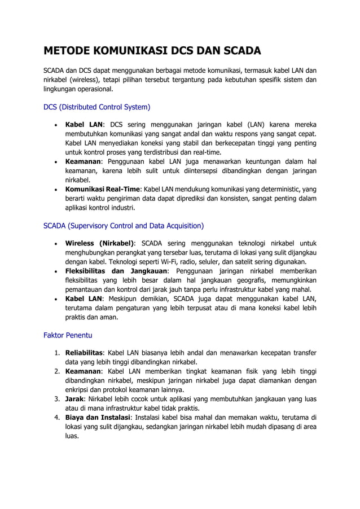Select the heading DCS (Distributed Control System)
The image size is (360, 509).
[x=96, y=107]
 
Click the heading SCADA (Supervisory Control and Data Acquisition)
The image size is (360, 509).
[x=124, y=226]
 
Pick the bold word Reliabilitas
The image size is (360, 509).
[x=84, y=353]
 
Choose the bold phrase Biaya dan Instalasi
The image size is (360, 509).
[x=98, y=417]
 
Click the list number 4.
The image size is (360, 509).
[x=57, y=417]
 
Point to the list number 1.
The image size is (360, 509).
[x=57, y=353]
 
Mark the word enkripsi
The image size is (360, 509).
[x=78, y=390]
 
